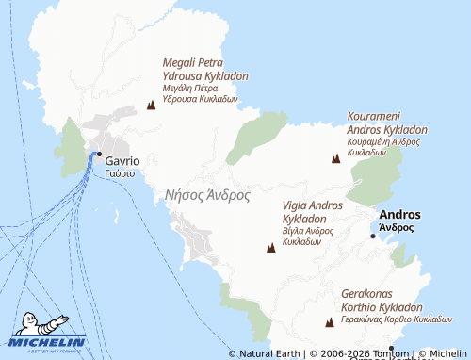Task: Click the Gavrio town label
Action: (x=123, y=160)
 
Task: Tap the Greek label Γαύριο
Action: (x=120, y=173)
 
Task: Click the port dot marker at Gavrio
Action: (x=98, y=154)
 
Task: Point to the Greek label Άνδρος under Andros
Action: (x=397, y=227)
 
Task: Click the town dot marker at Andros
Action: (x=373, y=236)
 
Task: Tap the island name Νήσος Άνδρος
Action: (x=207, y=196)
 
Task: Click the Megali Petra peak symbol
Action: (x=151, y=106)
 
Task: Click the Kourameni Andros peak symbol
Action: (x=335, y=158)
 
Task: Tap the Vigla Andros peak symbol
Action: (x=271, y=248)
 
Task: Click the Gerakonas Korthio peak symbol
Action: (x=330, y=322)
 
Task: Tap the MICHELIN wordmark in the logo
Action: (x=49, y=342)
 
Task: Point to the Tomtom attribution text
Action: (x=385, y=353)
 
